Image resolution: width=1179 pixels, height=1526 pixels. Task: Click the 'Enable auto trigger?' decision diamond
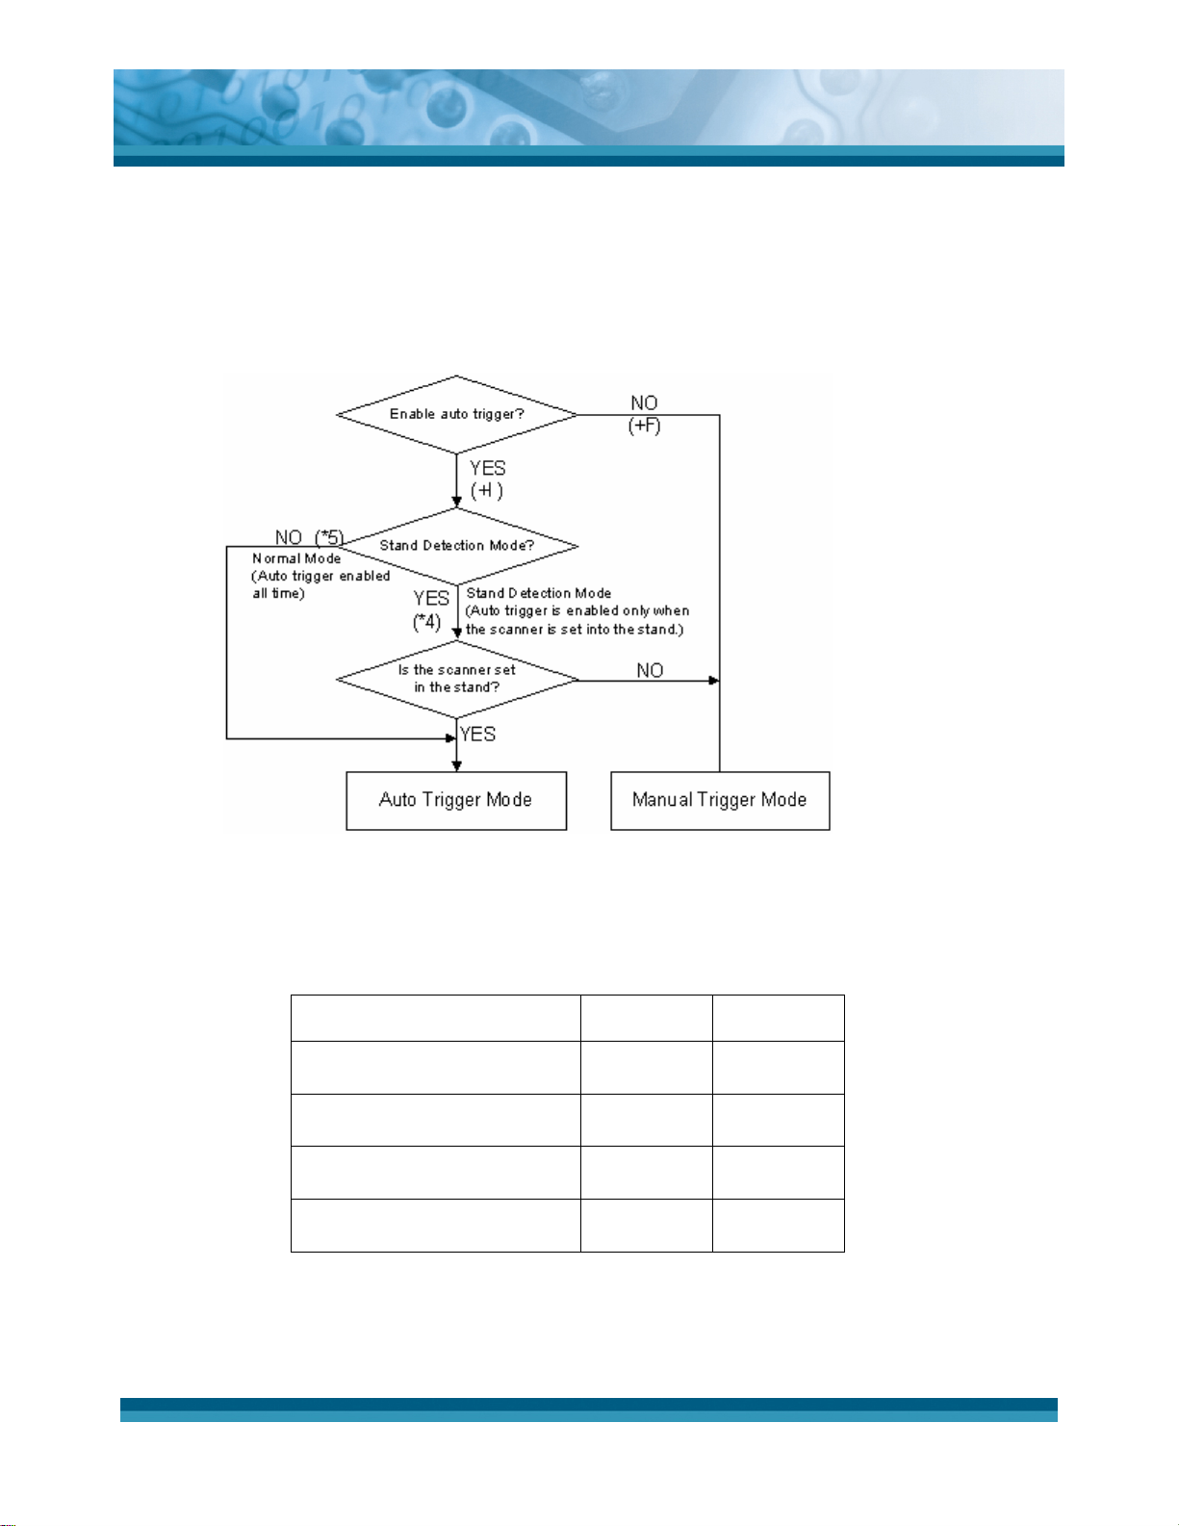pyautogui.click(x=456, y=414)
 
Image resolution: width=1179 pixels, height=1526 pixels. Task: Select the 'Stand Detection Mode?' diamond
pyautogui.click(x=456, y=545)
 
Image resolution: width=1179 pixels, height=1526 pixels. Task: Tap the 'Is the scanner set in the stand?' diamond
pyautogui.click(x=456, y=679)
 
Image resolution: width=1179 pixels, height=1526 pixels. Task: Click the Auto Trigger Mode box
pyautogui.click(x=456, y=800)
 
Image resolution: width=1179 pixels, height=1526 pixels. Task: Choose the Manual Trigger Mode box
pyautogui.click(x=720, y=800)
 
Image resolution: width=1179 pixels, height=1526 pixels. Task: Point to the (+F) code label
pyautogui.click(x=645, y=426)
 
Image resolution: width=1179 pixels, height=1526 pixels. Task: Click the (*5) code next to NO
pyautogui.click(x=329, y=537)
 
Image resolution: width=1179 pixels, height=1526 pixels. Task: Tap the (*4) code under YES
pyautogui.click(x=427, y=622)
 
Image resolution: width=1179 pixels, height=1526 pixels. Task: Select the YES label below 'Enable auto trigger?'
pyautogui.click(x=488, y=468)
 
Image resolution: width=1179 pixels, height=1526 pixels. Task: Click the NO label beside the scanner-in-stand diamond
pyautogui.click(x=650, y=670)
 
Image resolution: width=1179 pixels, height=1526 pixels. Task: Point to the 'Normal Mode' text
pyautogui.click(x=296, y=558)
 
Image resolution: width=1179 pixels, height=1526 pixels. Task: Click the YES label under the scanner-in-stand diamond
pyautogui.click(x=477, y=734)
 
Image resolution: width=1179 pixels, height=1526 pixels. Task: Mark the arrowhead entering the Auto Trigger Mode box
pyautogui.click(x=456, y=766)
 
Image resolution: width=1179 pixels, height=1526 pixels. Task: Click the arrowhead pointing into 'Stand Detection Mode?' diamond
pyautogui.click(x=456, y=503)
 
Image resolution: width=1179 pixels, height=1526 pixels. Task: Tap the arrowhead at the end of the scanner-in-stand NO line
pyautogui.click(x=714, y=681)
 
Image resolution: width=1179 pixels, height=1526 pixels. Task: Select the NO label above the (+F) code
pyautogui.click(x=644, y=403)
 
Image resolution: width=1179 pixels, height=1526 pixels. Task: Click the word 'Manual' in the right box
pyautogui.click(x=662, y=800)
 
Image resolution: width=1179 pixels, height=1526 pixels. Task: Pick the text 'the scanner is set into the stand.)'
pyautogui.click(x=575, y=630)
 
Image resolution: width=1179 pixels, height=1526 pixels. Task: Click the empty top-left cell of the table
pyautogui.click(x=435, y=1018)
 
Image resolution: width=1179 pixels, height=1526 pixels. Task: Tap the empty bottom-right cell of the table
pyautogui.click(x=778, y=1225)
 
